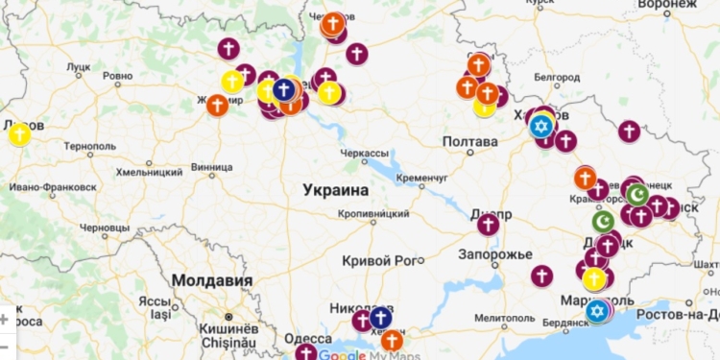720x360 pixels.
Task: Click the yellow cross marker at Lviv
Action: (19, 134)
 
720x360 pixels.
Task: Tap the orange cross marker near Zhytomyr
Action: (217, 105)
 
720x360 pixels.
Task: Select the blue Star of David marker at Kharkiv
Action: (540, 126)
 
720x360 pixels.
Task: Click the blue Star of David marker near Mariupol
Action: (597, 310)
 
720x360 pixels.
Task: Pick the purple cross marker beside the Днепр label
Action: (489, 225)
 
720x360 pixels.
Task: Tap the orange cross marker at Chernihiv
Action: (333, 24)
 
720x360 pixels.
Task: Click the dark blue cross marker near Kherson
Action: (380, 318)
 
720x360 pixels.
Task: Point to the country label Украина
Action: (336, 190)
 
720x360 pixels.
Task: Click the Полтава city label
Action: (469, 142)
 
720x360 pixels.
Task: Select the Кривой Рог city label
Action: (382, 260)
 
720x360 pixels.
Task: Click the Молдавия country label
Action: (211, 280)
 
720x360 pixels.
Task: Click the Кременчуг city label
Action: (420, 178)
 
